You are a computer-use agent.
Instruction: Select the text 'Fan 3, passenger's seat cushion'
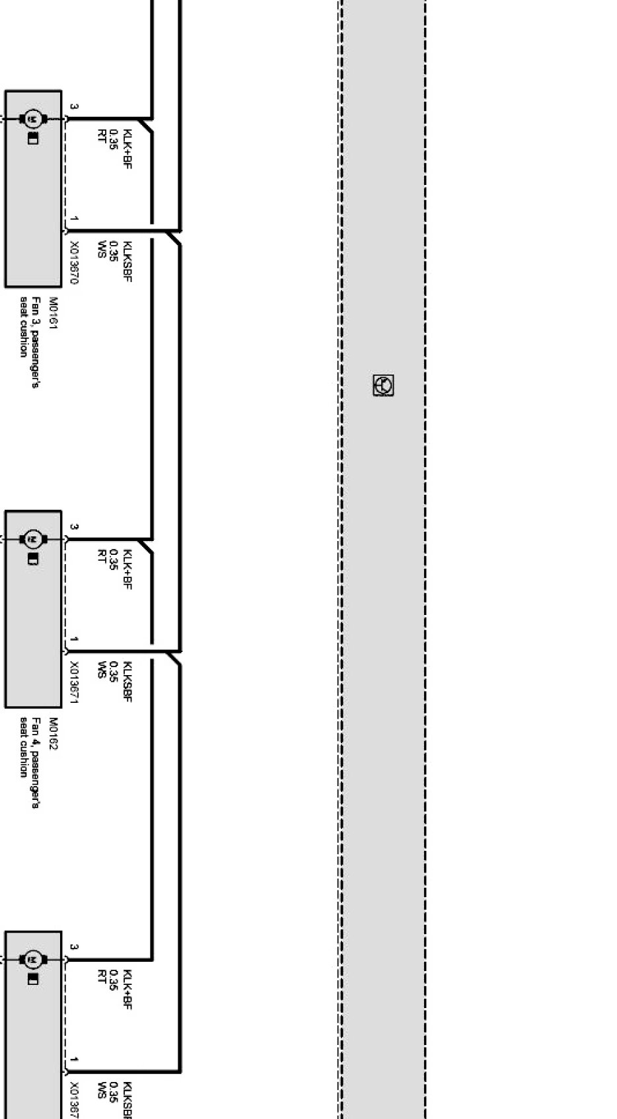click(30, 327)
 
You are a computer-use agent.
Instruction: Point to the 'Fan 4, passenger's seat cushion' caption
click(30, 748)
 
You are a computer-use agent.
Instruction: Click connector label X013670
click(74, 262)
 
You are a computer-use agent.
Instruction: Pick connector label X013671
click(74, 683)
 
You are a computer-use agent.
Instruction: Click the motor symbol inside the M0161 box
click(32, 120)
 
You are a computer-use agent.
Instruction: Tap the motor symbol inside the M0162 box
click(32, 540)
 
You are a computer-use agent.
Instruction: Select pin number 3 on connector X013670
click(74, 106)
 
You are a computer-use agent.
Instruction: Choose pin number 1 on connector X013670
click(74, 219)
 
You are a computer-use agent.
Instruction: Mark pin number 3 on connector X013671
click(74, 527)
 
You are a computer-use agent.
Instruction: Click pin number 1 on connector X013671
click(74, 639)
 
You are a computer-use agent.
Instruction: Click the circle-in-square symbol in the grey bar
click(383, 385)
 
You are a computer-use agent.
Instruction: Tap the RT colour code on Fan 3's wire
click(102, 136)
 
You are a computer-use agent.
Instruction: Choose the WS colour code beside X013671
click(102, 670)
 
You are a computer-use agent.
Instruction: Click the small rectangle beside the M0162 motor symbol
click(32, 559)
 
